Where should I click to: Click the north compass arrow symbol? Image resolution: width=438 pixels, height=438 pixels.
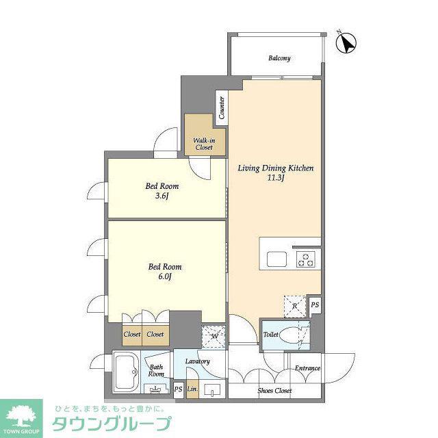coord(346,43)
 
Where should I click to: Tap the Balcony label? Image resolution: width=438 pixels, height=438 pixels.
coord(279,58)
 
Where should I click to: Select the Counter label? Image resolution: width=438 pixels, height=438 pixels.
coord(222,108)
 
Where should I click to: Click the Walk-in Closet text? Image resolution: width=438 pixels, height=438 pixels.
coord(204,144)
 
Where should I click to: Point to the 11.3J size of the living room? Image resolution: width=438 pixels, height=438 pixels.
coord(276,178)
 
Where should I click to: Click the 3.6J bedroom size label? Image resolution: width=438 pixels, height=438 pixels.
coord(162,196)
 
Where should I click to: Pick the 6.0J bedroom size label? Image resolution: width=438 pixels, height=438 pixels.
coord(165,276)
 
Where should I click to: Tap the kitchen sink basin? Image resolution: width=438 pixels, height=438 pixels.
coord(276,259)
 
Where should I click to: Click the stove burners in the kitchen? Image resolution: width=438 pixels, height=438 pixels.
coord(306,259)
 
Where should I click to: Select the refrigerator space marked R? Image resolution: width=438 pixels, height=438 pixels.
coord(295,307)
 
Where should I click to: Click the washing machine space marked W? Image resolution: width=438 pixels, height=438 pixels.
coord(214,336)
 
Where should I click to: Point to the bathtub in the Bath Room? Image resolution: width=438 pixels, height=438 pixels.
coord(126,372)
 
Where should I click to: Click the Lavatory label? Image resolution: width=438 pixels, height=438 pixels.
coord(198,361)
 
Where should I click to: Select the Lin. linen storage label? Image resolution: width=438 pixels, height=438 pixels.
coord(192,389)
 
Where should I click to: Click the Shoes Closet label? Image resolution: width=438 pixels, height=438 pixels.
coord(274,391)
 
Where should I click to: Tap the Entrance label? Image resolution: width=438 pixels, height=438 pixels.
coord(307,368)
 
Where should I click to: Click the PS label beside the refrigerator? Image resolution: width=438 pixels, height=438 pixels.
coord(315,305)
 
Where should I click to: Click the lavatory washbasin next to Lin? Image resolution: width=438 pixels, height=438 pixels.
coord(212,389)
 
